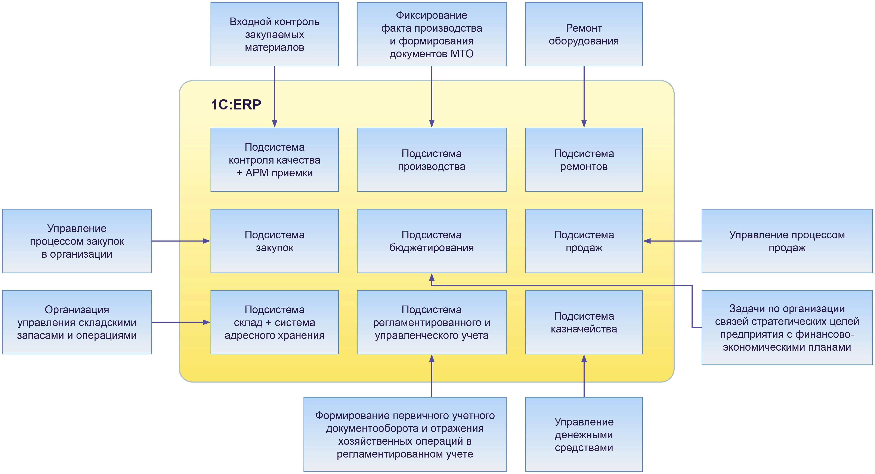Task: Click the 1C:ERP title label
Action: coord(236,105)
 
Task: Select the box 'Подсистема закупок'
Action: coord(275,241)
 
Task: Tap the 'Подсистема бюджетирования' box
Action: coord(431,241)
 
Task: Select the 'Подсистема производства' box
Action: coord(431,159)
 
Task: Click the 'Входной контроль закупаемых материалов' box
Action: coord(275,34)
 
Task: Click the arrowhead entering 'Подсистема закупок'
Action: coord(206,241)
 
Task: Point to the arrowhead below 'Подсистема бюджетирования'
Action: coord(432,277)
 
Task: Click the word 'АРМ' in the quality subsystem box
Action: coord(257,173)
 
